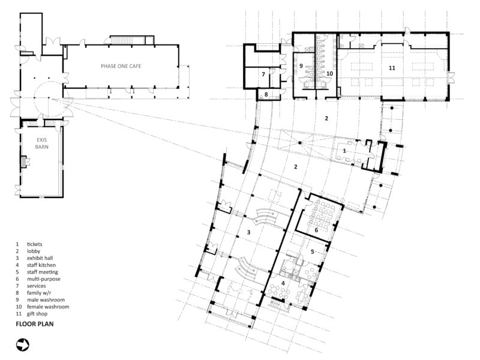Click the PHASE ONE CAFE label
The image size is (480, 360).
click(121, 66)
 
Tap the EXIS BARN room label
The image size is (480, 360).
click(41, 143)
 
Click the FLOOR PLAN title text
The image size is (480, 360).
click(35, 324)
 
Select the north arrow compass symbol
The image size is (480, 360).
click(23, 345)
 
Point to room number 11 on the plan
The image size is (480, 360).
click(392, 68)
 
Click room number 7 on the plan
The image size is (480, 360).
click(263, 74)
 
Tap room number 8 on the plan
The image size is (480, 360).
click(266, 94)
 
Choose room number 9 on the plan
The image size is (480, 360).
click(301, 66)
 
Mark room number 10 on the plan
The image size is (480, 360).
click(329, 73)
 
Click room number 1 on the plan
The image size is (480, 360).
click(344, 151)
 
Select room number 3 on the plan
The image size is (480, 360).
click(248, 232)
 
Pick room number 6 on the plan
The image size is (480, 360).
click(316, 230)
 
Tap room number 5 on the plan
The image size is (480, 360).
click(312, 251)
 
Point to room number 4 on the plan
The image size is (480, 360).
click(283, 283)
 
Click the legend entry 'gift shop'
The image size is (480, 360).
click(37, 313)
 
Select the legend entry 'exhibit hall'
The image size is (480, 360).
click(40, 258)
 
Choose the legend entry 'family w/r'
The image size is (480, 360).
click(39, 293)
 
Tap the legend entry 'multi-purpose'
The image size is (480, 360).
click(43, 279)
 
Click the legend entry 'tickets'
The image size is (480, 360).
click(35, 244)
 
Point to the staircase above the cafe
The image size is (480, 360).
click(127, 40)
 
